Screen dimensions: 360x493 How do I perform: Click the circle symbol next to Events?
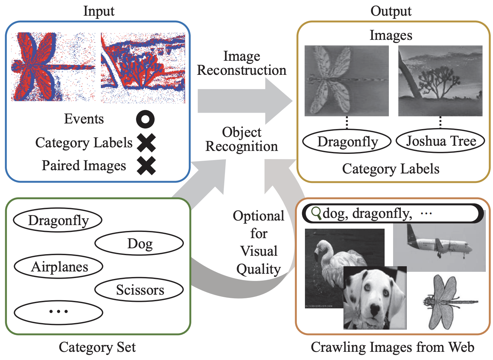coord(145,119)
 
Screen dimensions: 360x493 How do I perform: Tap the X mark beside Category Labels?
coord(146,143)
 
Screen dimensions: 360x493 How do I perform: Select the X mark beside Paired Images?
coord(146,166)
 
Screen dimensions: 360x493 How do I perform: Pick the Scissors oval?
coord(139,290)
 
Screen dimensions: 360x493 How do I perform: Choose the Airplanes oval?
coord(59,267)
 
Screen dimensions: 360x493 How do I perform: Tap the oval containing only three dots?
coord(59,312)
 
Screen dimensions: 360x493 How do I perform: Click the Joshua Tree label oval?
coord(440,141)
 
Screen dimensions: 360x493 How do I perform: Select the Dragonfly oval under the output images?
coord(347,142)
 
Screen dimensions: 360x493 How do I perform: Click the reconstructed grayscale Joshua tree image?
coord(440,81)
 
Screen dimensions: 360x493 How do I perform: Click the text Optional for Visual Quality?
coord(259,242)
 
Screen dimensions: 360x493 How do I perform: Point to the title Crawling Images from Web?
coord(392,347)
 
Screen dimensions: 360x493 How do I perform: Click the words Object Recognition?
coord(242,139)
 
